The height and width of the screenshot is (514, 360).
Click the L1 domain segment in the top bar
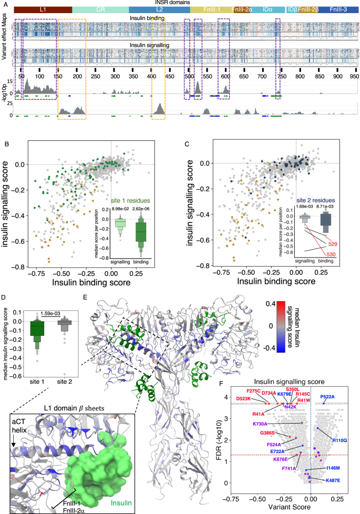coord(43,10)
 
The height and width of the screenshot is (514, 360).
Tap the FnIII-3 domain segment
coord(338,10)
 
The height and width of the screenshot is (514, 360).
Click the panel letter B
coord(6,143)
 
